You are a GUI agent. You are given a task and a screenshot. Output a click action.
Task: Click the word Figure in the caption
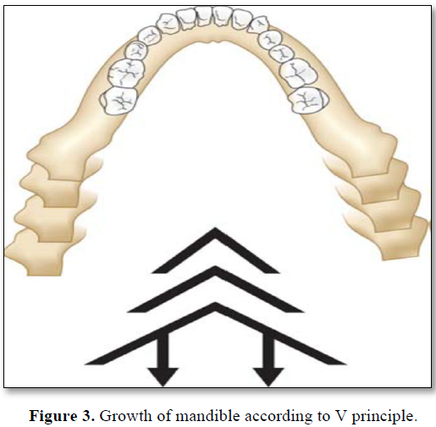click(53, 415)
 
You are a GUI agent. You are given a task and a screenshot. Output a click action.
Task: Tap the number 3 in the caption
click(87, 415)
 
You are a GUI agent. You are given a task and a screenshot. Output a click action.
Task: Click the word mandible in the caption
click(207, 415)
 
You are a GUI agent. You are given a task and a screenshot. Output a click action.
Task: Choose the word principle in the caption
click(384, 417)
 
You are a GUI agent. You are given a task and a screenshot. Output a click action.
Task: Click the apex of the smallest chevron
click(215, 228)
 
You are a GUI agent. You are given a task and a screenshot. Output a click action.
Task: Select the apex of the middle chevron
click(215, 266)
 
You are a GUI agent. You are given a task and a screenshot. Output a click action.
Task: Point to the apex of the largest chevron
click(216, 304)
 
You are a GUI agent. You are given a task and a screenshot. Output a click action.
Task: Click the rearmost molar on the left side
click(119, 101)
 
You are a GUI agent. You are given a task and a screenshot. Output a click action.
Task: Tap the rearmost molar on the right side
click(309, 101)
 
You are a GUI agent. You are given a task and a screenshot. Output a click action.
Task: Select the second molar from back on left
click(126, 72)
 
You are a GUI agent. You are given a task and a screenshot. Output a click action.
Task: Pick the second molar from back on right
click(299, 73)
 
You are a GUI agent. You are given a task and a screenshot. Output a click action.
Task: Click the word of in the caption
click(164, 415)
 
